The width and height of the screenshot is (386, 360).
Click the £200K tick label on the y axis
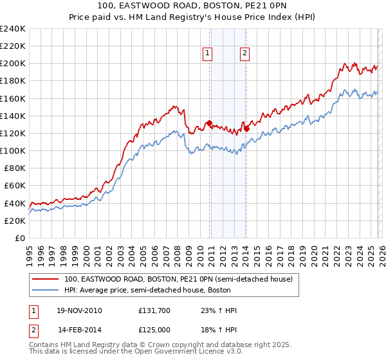[x=12, y=64]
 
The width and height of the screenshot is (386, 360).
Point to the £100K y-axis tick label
[x=12, y=150]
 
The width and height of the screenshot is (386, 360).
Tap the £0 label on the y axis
[x=20, y=238]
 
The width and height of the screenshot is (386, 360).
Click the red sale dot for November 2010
[x=209, y=123]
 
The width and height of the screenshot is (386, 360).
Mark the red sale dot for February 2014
[x=246, y=129]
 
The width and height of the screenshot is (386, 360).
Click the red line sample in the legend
[x=45, y=279]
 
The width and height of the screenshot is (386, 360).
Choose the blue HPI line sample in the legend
[x=45, y=290]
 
